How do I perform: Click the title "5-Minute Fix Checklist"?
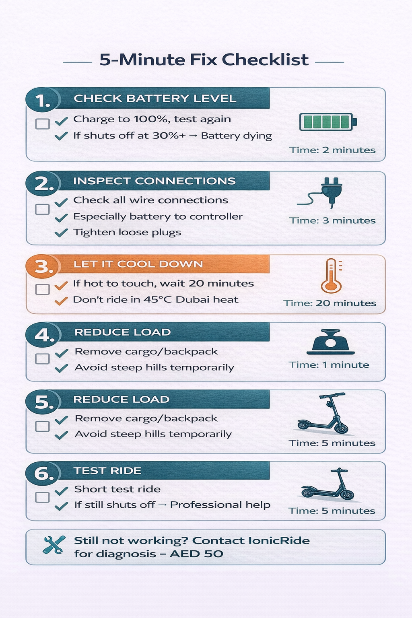click(x=204, y=60)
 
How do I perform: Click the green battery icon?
click(x=328, y=122)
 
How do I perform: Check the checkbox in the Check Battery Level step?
click(x=43, y=124)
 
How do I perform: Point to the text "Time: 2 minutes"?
click(x=332, y=150)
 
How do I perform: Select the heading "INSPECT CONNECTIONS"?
click(x=154, y=181)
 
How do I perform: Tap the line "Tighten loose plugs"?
click(x=127, y=233)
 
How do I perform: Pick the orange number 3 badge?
click(x=43, y=266)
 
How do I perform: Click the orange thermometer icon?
click(x=332, y=276)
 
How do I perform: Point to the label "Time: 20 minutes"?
click(x=330, y=303)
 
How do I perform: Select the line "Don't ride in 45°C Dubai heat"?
click(x=155, y=300)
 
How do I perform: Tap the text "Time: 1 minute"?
click(x=329, y=365)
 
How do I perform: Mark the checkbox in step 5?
click(x=43, y=426)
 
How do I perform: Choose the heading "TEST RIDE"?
click(x=107, y=471)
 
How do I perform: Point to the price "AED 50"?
click(x=196, y=554)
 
